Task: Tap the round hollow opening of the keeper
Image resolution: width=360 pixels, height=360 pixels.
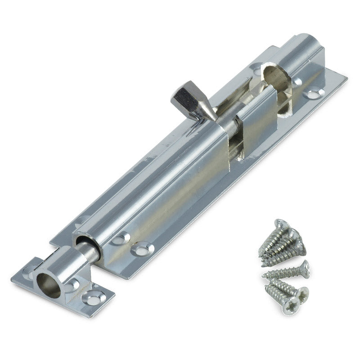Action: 48,285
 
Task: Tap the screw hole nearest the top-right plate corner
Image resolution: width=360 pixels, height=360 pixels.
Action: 314,94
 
